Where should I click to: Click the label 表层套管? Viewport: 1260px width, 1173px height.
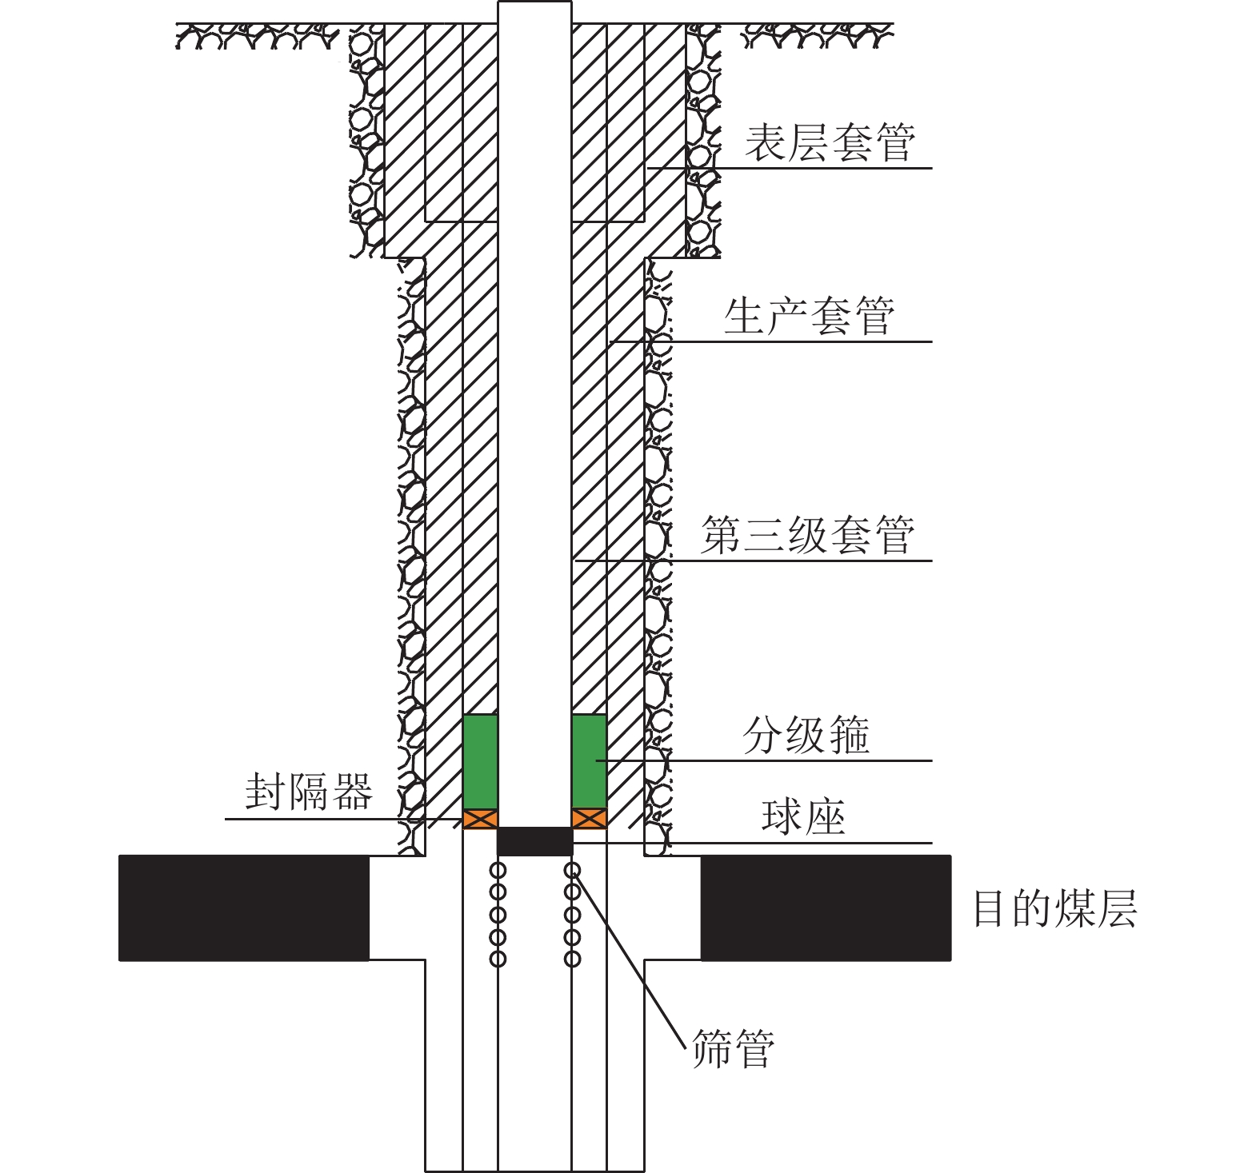click(x=830, y=143)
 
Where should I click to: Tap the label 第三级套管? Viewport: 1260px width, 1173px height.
click(x=807, y=535)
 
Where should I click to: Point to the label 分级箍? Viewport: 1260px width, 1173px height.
click(x=806, y=735)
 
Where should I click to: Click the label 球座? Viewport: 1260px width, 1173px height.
click(x=803, y=817)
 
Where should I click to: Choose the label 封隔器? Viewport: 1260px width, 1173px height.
click(x=309, y=792)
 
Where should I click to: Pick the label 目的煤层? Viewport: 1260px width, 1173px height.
click(x=1054, y=908)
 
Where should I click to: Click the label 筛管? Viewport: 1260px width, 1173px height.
click(x=733, y=1048)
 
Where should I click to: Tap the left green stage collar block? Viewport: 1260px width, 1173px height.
click(x=480, y=761)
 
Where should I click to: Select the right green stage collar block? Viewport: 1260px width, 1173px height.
click(x=589, y=761)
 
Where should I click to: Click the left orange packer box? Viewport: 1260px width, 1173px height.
click(x=480, y=819)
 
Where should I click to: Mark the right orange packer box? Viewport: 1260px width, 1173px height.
click(x=589, y=819)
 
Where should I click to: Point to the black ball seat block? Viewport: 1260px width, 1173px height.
click(x=534, y=841)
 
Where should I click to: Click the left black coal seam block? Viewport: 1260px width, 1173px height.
click(x=244, y=908)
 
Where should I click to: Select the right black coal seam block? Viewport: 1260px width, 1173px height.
click(x=826, y=908)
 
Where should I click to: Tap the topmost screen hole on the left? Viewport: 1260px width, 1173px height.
click(x=498, y=870)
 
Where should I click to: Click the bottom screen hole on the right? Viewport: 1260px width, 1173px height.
click(x=572, y=959)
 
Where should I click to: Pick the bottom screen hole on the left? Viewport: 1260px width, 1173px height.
click(x=498, y=959)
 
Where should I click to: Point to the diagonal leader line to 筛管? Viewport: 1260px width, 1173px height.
click(x=632, y=960)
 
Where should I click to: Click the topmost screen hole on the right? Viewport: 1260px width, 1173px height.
click(x=572, y=870)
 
